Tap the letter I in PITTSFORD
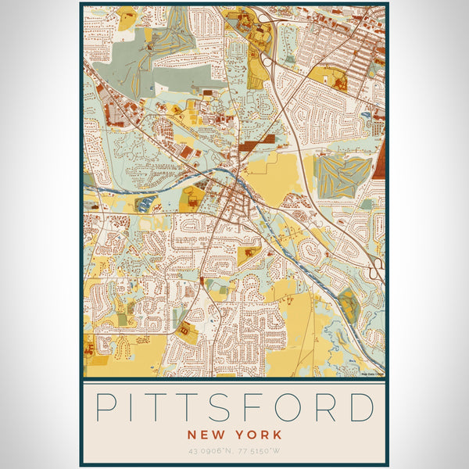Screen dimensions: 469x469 [136, 408]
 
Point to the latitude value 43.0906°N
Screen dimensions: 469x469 [211, 450]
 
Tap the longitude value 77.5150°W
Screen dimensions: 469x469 [259, 450]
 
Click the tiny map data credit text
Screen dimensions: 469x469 [372, 374]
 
